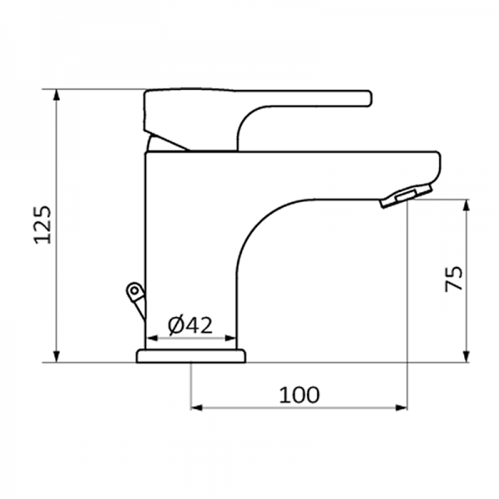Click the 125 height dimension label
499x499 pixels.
pos(43,225)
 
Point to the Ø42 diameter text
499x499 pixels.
pos(190,325)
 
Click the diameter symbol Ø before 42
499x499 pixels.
pos(175,325)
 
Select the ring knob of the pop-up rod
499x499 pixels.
pos(132,290)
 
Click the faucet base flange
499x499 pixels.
pos(191,357)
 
